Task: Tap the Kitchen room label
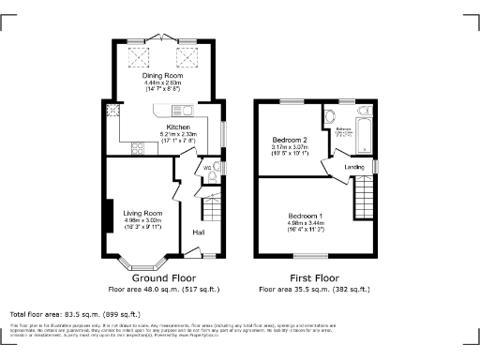tap(178, 126)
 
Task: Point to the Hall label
tap(199, 232)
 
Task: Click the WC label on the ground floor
tap(194, 169)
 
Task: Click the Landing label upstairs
tap(354, 167)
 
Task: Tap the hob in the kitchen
tap(139, 146)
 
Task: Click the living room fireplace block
tap(109, 216)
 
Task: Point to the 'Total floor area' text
tap(75, 313)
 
